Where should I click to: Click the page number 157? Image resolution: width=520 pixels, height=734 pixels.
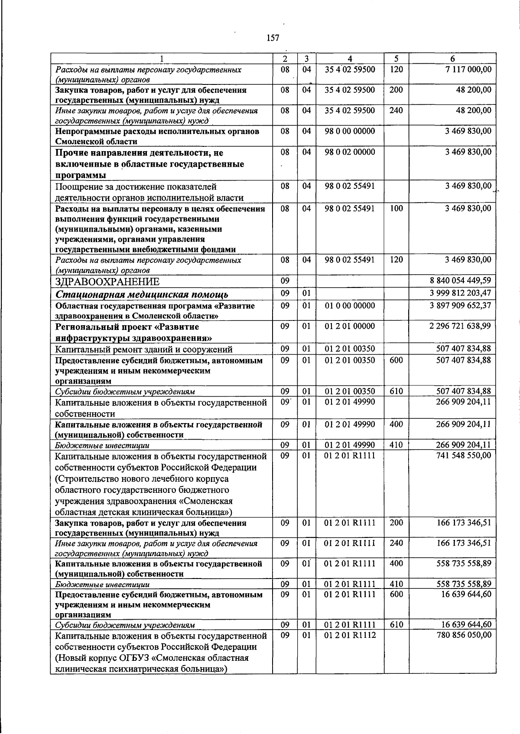[x=273, y=38]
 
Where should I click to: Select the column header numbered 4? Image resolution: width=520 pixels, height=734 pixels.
[x=350, y=59]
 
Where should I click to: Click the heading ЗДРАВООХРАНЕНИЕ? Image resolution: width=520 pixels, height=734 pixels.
[x=107, y=282]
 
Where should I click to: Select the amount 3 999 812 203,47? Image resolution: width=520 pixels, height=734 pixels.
[x=460, y=293]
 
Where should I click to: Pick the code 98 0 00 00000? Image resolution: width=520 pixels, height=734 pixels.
[x=350, y=131]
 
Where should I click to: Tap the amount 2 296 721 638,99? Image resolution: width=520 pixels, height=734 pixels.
[x=460, y=326]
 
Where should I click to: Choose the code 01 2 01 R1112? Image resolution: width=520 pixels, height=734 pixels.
[x=350, y=634]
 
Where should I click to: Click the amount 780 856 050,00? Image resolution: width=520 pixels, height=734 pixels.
[x=464, y=634]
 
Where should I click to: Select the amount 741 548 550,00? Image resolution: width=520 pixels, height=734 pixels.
[x=464, y=455]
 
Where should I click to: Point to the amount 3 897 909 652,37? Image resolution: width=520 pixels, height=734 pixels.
[x=460, y=305]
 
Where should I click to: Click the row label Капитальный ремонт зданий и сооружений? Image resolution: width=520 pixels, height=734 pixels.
[x=144, y=349]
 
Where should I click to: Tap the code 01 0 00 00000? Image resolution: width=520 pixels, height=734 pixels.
[x=350, y=305]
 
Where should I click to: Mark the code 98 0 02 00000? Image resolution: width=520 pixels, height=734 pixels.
[x=350, y=152]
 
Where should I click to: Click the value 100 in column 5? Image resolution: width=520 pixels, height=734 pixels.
[x=396, y=208]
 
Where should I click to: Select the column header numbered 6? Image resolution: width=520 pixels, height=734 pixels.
[x=452, y=59]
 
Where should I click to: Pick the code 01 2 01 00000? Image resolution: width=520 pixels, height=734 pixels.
[x=350, y=326]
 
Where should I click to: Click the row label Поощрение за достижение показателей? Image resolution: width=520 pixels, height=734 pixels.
[x=136, y=187]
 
